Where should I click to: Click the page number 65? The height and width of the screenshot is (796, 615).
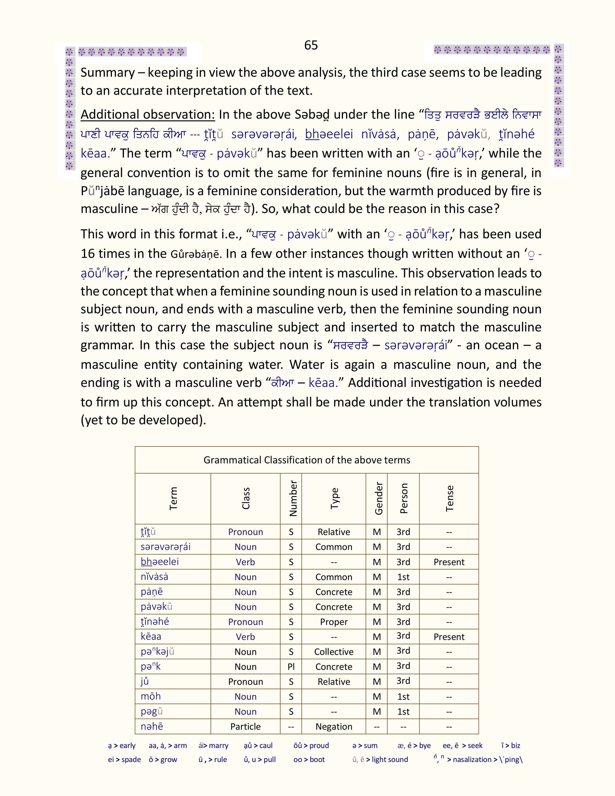[x=311, y=45]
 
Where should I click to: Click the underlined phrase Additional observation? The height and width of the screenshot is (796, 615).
[x=148, y=114]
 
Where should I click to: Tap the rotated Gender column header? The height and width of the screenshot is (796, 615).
[x=379, y=498]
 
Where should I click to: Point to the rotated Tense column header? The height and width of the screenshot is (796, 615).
[x=450, y=498]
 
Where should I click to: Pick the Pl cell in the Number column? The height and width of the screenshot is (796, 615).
[x=291, y=667]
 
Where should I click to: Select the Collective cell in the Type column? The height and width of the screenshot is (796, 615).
[x=334, y=652]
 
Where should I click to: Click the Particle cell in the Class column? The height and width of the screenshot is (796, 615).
[x=245, y=726]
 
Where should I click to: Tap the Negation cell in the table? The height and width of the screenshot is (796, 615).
[x=334, y=726]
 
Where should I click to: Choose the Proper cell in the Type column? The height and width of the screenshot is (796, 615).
[x=334, y=622]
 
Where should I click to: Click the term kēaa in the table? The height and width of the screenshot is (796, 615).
[x=151, y=636]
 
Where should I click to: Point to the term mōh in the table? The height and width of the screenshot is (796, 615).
[x=150, y=696]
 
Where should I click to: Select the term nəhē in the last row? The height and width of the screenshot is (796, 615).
[x=151, y=726]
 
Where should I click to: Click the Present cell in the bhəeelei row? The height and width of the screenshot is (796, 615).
[x=449, y=562]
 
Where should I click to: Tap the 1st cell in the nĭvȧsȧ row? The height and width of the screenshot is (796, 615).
[x=403, y=577]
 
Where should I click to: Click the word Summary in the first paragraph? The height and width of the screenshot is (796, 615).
[x=108, y=73]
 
